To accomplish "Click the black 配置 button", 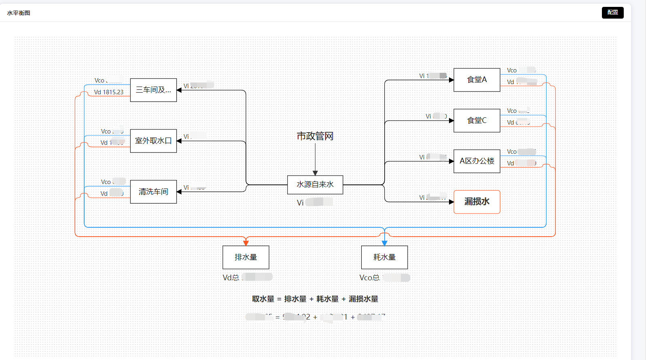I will click(x=612, y=13).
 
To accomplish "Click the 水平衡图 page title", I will click(x=19, y=13).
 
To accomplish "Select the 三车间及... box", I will click(x=153, y=90).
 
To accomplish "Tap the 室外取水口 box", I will click(x=153, y=141).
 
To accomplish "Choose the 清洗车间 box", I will click(x=153, y=192).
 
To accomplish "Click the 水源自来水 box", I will click(x=315, y=184).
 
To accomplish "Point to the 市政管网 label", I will click(x=315, y=136).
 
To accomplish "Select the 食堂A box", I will click(x=477, y=80).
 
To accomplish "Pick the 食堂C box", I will click(x=477, y=121).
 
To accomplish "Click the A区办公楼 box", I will click(x=477, y=161).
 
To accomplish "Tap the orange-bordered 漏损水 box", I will click(x=477, y=201).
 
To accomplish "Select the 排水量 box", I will click(x=246, y=257).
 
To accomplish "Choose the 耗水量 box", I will click(x=384, y=257).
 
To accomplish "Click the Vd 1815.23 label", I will click(x=108, y=92).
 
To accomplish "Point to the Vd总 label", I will click(x=231, y=277).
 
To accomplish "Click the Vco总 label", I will click(x=369, y=277).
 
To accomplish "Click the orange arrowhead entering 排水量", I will click(x=246, y=243).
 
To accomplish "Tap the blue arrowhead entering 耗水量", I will click(x=384, y=243).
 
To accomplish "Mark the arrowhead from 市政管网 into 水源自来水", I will click(x=315, y=173).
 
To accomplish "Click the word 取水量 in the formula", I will click(x=263, y=299).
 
